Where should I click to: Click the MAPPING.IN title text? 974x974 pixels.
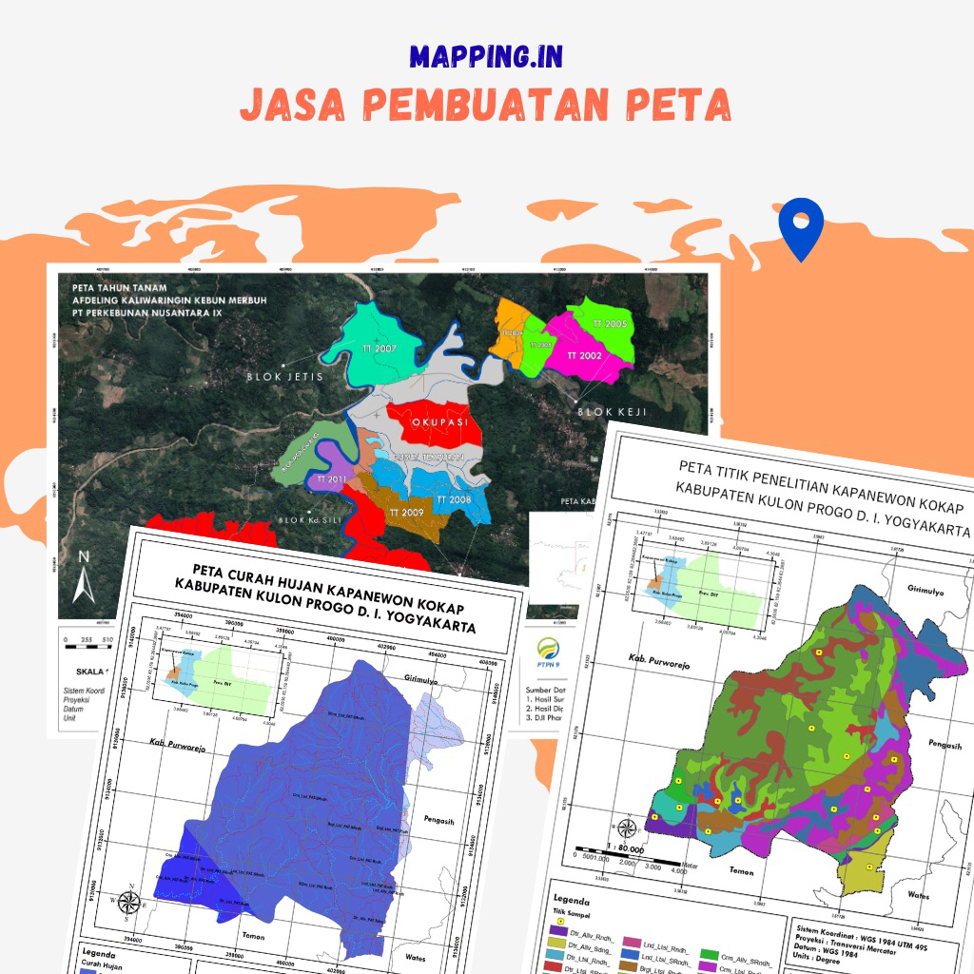coord(486,56)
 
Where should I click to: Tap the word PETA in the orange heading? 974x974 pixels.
coord(678,106)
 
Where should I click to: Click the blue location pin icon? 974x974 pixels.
coord(799,228)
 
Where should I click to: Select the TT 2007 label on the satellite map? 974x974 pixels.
coord(379,349)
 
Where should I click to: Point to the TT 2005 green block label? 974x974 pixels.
coord(609,324)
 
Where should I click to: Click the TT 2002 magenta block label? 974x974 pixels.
coord(584,355)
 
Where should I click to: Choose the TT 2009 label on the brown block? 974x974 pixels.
coord(406,512)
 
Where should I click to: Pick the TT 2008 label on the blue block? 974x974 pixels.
coord(453,499)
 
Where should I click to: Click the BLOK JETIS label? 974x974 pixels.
coord(285,377)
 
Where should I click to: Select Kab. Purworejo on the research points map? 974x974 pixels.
coord(656,657)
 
